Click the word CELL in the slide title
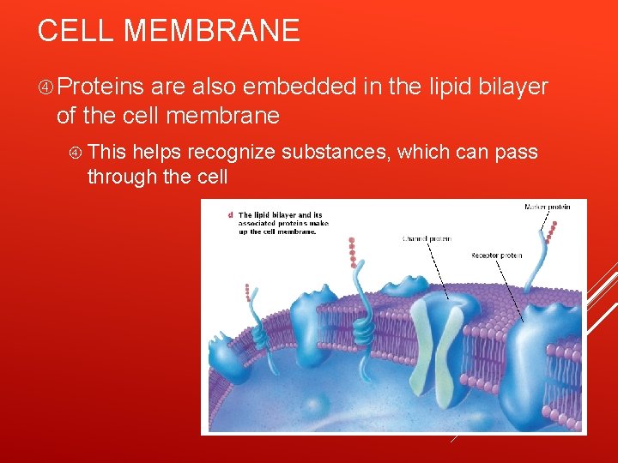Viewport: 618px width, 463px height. (x=76, y=31)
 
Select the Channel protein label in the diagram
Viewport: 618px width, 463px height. (x=427, y=239)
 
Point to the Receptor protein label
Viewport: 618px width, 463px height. (x=496, y=256)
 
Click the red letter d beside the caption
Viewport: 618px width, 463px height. (x=230, y=214)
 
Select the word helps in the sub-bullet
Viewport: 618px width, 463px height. (x=157, y=153)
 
